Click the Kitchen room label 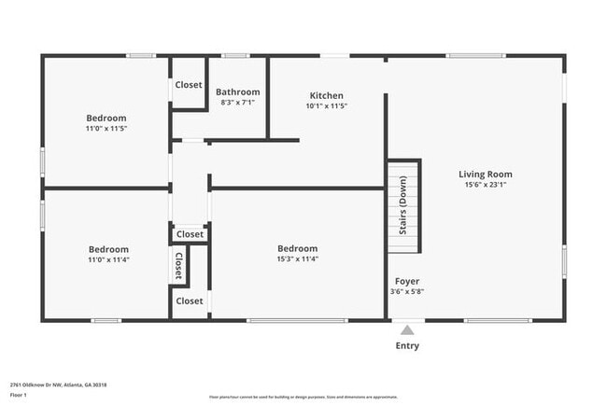coord(326,95)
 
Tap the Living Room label coord(485,174)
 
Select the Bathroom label coord(237,91)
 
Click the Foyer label coord(406,281)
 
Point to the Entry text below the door coord(407,346)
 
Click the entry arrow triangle coord(406,329)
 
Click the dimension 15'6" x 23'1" coord(485,185)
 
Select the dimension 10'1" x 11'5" coord(326,106)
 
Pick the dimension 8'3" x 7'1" coord(237,103)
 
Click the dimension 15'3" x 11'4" coord(297,259)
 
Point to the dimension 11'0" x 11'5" coord(106,129)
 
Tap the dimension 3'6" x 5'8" coord(406,291)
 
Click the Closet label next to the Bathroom coord(189,85)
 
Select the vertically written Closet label coord(178,265)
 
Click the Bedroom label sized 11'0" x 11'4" coord(108,249)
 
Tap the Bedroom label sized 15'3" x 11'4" coord(297,248)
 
